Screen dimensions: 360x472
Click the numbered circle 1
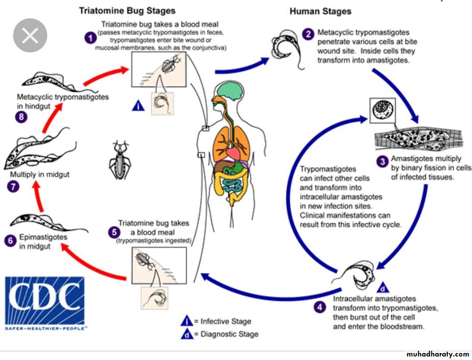tap(90, 38)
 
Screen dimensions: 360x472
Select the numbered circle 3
tap(382, 161)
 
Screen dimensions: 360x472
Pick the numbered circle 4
tap(321, 307)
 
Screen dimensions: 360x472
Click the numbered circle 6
tap(11, 241)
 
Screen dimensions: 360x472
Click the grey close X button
tap(30, 36)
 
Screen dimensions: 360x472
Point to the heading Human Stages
tap(320, 11)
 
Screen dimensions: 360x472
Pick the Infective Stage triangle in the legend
tap(187, 321)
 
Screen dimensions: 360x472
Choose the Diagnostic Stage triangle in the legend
tap(187, 334)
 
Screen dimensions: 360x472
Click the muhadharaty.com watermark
tap(437, 353)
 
